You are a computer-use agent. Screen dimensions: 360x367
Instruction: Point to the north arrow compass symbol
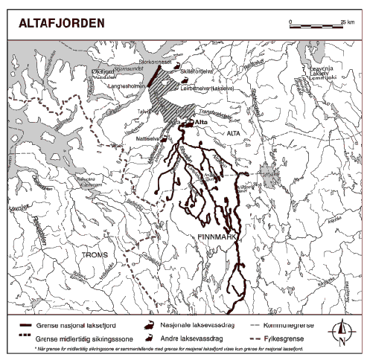tap(341, 331)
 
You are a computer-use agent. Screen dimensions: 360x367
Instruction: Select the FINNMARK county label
tap(217, 236)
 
